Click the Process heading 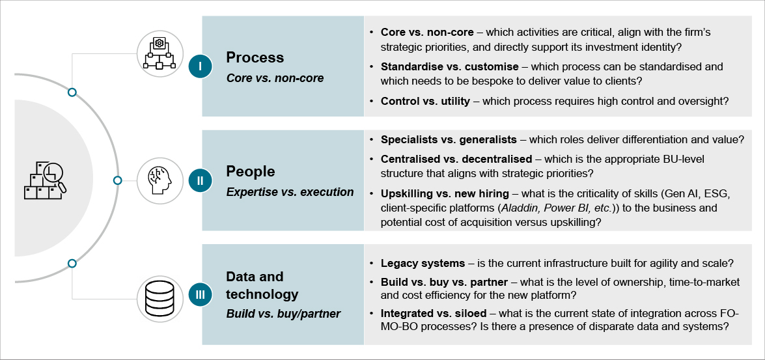pos(255,57)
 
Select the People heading pos(250,171)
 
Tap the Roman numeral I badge pos(201,66)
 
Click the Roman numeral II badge pos(201,181)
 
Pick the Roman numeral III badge pos(201,295)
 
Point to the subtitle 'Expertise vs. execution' pos(290,192)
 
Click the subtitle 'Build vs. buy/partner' pos(283,314)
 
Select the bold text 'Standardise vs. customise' pos(449,66)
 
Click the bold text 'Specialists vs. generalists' pos(449,139)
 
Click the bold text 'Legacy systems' pos(423,264)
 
